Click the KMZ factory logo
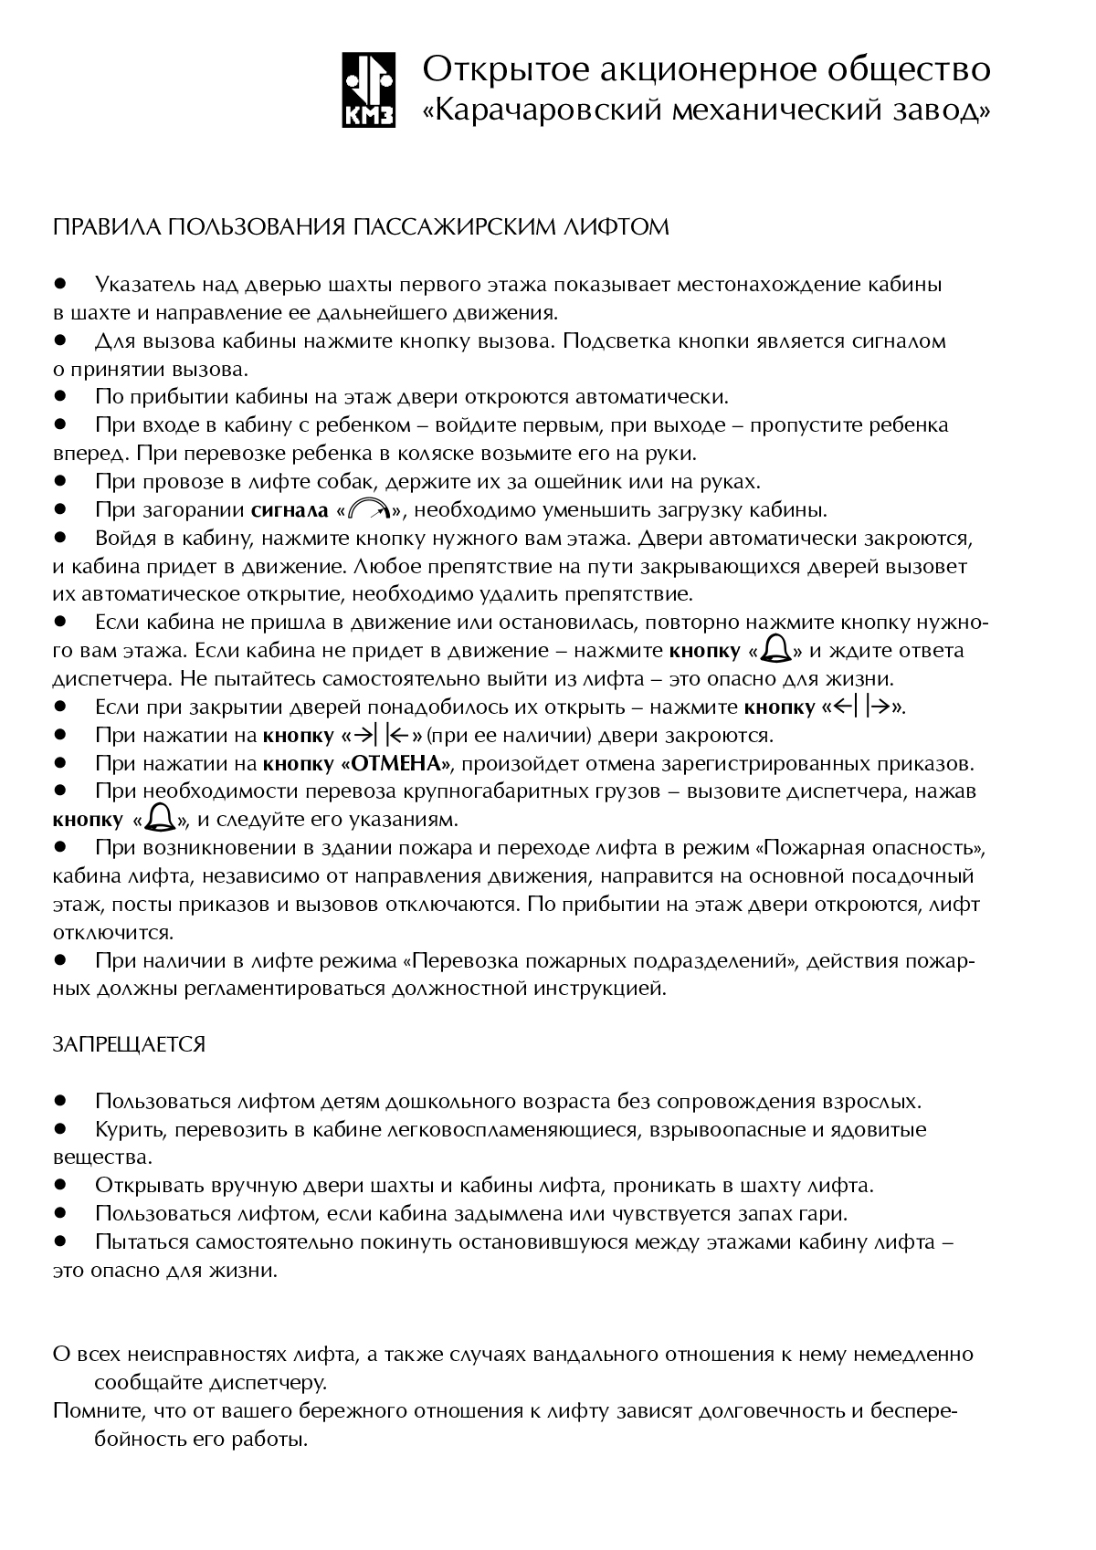(370, 90)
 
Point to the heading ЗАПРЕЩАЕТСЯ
(129, 1044)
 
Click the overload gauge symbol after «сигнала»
(370, 510)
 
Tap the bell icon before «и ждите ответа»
(776, 650)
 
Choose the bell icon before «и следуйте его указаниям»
(162, 817)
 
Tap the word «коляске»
(425, 453)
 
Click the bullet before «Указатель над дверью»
(61, 284)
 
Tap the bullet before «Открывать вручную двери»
(61, 1185)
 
